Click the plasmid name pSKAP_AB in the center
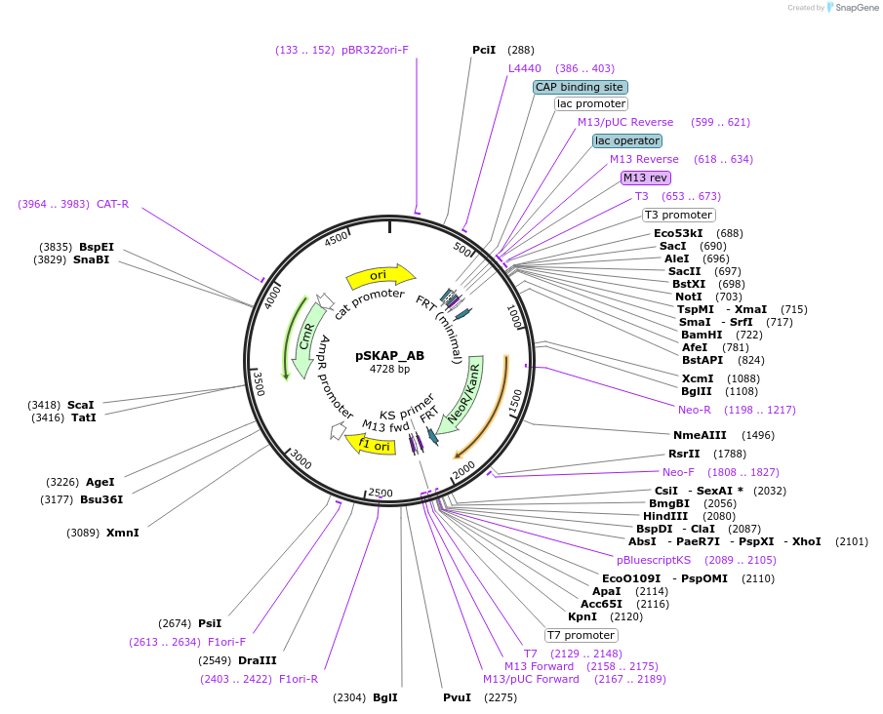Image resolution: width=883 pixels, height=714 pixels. (x=389, y=356)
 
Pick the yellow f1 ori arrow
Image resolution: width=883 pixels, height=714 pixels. (x=370, y=445)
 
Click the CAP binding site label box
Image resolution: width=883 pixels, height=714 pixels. (x=580, y=87)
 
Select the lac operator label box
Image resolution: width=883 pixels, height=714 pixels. (x=627, y=140)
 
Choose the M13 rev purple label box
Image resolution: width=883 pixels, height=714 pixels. (x=646, y=178)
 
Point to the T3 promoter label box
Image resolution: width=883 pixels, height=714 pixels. (x=678, y=215)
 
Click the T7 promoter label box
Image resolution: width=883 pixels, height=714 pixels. (x=581, y=635)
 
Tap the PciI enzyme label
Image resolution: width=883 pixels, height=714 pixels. (x=484, y=50)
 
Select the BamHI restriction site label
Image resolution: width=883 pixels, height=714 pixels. (x=702, y=335)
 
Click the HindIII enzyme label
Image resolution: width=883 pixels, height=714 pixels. (x=665, y=516)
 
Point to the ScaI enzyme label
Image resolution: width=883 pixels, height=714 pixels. (x=81, y=404)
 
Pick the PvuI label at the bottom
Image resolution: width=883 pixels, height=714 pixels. (x=457, y=697)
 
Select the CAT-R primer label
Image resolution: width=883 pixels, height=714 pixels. (x=112, y=204)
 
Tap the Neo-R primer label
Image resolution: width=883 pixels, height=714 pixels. (x=695, y=410)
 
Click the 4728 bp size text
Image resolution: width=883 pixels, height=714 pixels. (x=389, y=370)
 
